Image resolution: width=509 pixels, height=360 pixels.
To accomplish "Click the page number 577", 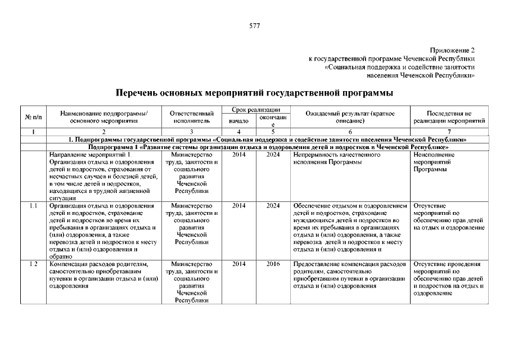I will [x=254, y=26].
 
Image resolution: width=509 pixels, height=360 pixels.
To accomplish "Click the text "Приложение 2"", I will [x=453, y=50].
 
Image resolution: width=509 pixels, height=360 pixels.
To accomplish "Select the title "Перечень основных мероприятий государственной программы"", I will [x=254, y=92].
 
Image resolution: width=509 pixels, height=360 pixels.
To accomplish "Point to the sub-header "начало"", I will [x=239, y=120].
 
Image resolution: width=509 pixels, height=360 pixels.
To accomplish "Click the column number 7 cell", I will [x=449, y=132].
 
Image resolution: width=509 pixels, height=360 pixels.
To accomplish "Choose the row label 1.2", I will [x=33, y=263].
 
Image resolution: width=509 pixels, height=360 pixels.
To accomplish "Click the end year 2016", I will [x=273, y=263].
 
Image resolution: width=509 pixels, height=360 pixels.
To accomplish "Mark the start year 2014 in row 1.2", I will [x=239, y=263].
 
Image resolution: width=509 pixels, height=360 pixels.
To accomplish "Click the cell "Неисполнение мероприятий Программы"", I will [x=434, y=162].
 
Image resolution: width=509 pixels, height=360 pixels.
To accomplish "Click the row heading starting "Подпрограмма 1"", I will [x=268, y=147].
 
